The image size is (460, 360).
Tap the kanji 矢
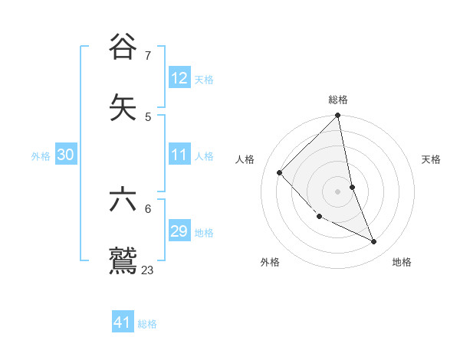[x=123, y=106]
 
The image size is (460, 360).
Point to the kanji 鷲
[x=123, y=259]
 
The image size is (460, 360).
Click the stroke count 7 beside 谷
[x=148, y=55]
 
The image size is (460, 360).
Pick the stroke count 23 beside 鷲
[x=148, y=270]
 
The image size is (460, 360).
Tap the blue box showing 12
[x=179, y=78]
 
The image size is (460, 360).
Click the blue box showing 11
[x=179, y=155]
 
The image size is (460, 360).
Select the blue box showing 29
[x=179, y=231]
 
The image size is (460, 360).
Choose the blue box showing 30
[x=66, y=155]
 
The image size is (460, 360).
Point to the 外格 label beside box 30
[x=41, y=156]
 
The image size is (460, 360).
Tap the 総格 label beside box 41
[x=147, y=324]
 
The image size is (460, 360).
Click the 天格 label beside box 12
[x=204, y=80]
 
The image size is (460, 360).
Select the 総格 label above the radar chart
[x=338, y=100]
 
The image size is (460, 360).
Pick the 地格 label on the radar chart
[x=402, y=263]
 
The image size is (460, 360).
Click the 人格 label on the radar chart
[x=245, y=159]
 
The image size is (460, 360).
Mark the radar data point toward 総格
[x=338, y=116]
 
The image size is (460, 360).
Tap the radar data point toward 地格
[x=374, y=242]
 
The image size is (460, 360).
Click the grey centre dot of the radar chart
[x=338, y=191]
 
